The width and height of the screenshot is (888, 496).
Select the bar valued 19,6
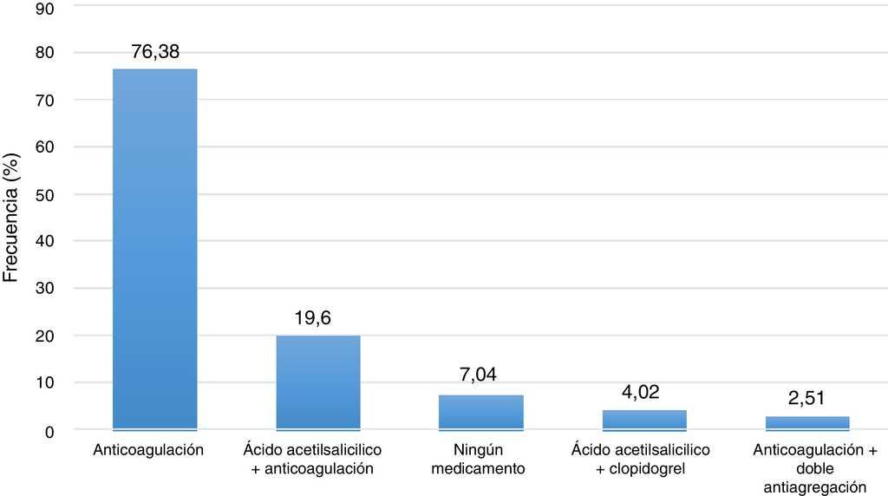tap(318, 382)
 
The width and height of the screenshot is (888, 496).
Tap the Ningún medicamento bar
tap(481, 412)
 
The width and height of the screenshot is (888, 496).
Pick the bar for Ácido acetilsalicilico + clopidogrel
tap(644, 420)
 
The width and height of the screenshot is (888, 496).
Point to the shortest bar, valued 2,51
tap(807, 423)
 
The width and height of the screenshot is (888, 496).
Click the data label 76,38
tap(155, 52)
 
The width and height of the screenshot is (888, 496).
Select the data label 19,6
tap(313, 319)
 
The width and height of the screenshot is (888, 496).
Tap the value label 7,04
tap(480, 375)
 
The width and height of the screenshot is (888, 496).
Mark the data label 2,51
tap(806, 399)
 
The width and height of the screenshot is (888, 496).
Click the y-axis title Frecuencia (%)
tap(12, 217)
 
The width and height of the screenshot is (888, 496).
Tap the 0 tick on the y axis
tap(51, 430)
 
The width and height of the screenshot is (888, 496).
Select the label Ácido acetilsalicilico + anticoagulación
tap(312, 460)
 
